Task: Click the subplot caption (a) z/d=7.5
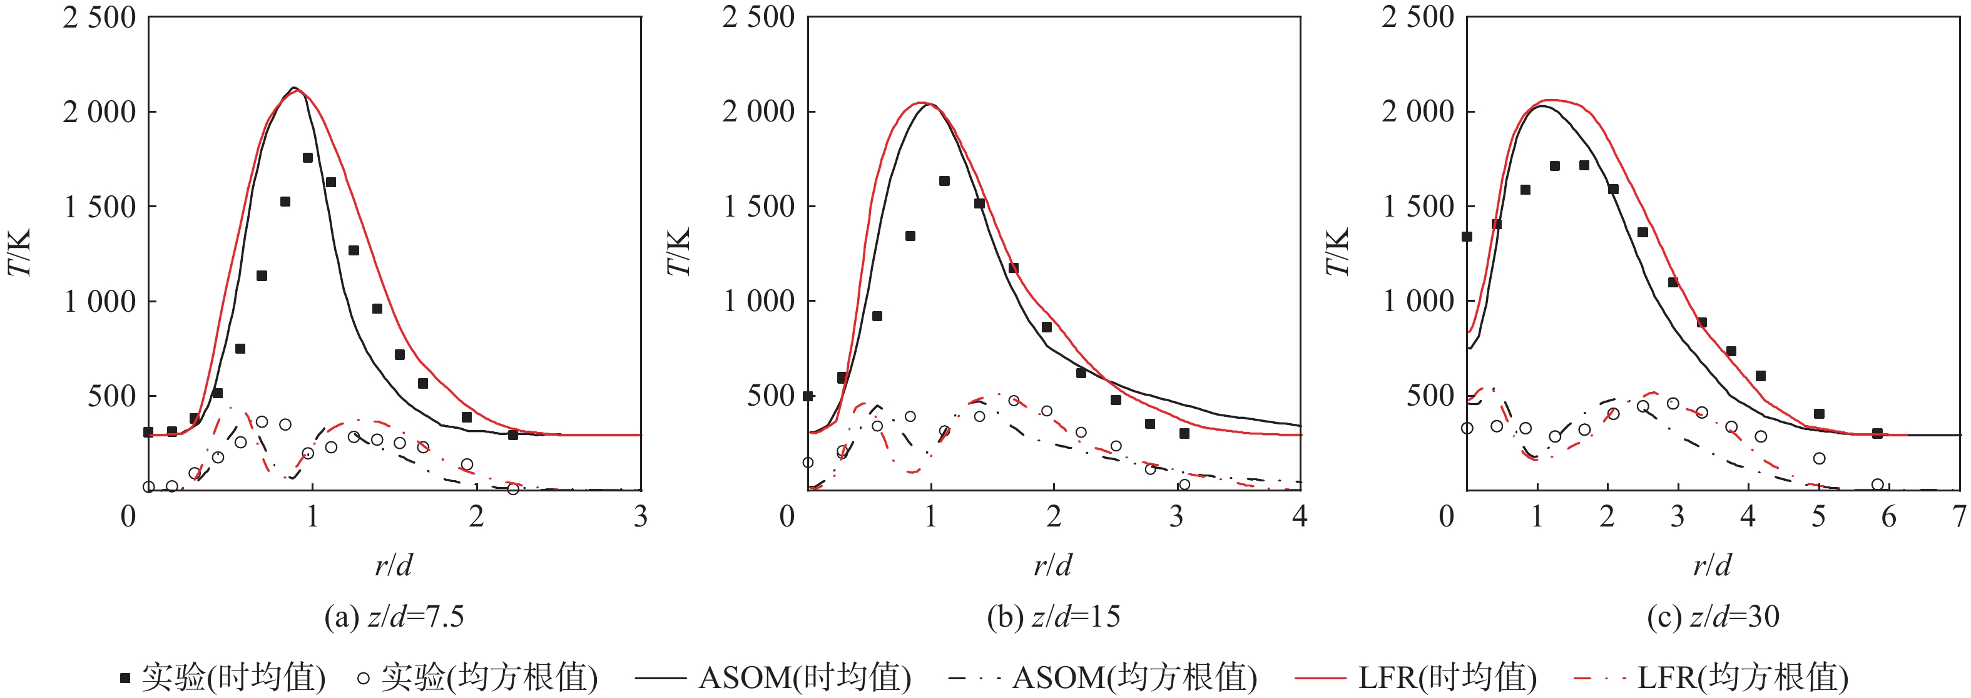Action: point(394,617)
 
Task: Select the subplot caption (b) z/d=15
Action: point(1053,617)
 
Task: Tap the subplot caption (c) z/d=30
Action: point(1713,617)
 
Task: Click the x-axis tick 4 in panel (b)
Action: point(1299,517)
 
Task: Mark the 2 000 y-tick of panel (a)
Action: point(99,111)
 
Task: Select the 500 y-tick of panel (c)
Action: point(1430,396)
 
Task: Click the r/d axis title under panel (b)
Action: point(1053,565)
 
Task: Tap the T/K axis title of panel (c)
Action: point(1338,252)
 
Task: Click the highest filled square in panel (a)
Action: point(308,158)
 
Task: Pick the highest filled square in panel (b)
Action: point(944,182)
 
